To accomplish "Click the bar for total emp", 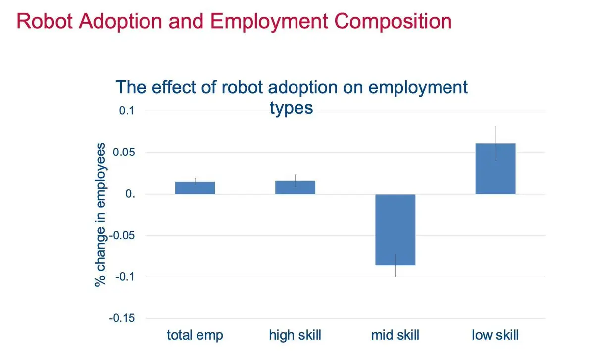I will [x=195, y=188].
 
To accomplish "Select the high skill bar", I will [x=295, y=187].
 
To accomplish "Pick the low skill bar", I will [x=495, y=168].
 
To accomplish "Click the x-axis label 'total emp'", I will [x=195, y=335].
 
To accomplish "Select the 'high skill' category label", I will [x=295, y=335].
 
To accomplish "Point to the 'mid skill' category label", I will [x=395, y=335].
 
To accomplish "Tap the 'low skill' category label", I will [x=495, y=335].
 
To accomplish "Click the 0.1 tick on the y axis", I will [x=126, y=111].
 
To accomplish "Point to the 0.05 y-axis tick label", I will [x=124, y=153].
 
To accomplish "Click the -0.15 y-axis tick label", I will [x=122, y=318].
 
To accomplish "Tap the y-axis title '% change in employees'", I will [x=101, y=214].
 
